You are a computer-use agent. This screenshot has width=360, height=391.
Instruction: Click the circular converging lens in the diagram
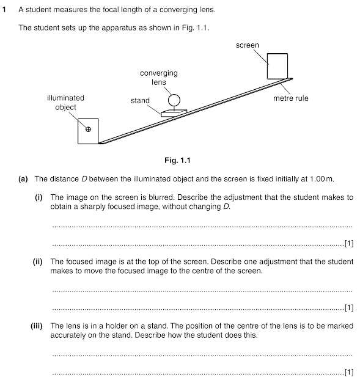(174, 100)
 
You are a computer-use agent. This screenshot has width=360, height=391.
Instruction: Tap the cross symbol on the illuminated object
(88, 129)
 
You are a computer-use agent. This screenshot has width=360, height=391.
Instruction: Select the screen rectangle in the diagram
(277, 66)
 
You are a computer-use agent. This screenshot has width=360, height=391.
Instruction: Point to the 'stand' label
(140, 100)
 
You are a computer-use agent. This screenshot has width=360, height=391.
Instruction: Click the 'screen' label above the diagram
(248, 45)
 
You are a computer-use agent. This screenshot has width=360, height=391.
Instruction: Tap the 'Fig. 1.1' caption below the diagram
(178, 161)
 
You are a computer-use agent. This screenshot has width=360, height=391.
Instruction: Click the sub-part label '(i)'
(38, 197)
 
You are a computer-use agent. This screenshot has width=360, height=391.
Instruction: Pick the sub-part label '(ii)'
(37, 261)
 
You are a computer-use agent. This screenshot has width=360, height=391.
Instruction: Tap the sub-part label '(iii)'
(36, 326)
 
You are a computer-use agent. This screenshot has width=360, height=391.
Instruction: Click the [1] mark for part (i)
(349, 243)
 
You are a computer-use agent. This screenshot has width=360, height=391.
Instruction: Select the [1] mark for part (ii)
(349, 307)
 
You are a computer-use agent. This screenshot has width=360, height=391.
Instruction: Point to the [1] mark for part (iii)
(349, 371)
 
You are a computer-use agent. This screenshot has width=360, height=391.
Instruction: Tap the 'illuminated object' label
(65, 102)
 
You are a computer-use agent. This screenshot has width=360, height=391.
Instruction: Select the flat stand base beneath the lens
(173, 112)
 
